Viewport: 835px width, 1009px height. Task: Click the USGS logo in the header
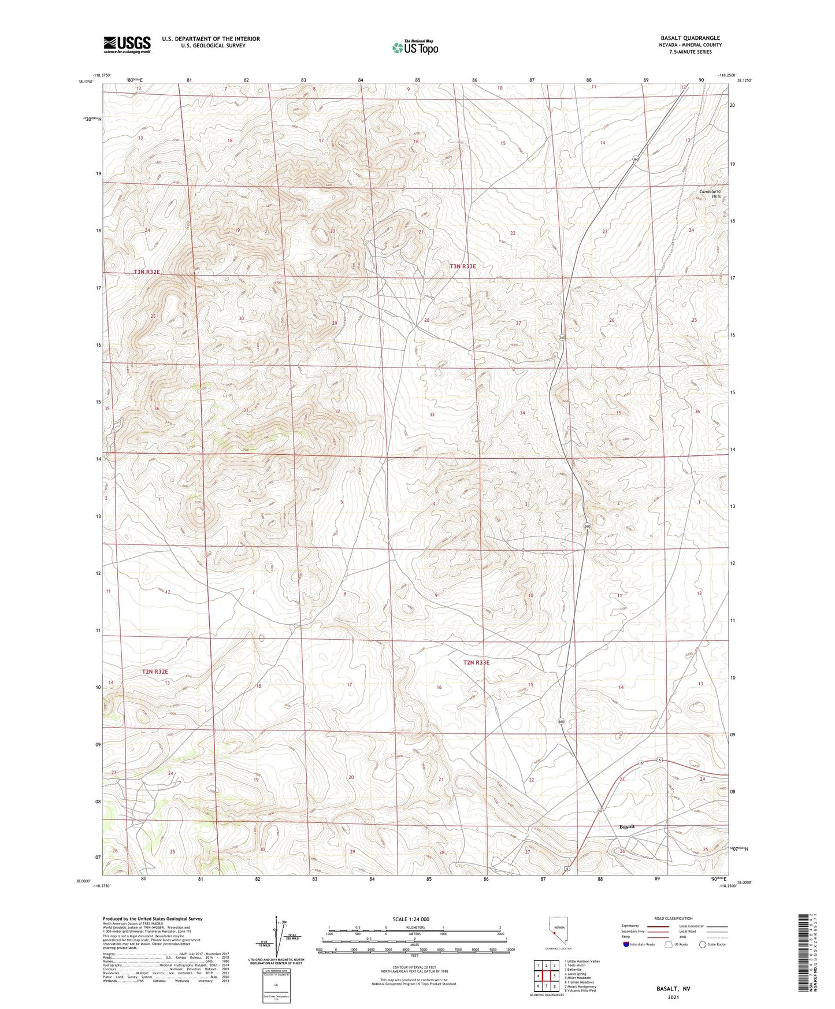pyautogui.click(x=127, y=44)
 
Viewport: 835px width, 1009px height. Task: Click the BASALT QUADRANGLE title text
pyautogui.click(x=690, y=38)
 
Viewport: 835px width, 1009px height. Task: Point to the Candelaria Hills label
pyautogui.click(x=710, y=194)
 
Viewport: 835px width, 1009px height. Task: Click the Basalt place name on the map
pyautogui.click(x=626, y=826)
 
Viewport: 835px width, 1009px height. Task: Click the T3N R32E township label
pyautogui.click(x=146, y=272)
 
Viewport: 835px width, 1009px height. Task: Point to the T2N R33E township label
pyautogui.click(x=476, y=662)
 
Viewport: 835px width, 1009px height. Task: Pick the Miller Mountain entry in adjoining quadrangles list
pyautogui.click(x=580, y=978)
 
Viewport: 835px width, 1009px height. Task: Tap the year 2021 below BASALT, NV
pyautogui.click(x=673, y=997)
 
